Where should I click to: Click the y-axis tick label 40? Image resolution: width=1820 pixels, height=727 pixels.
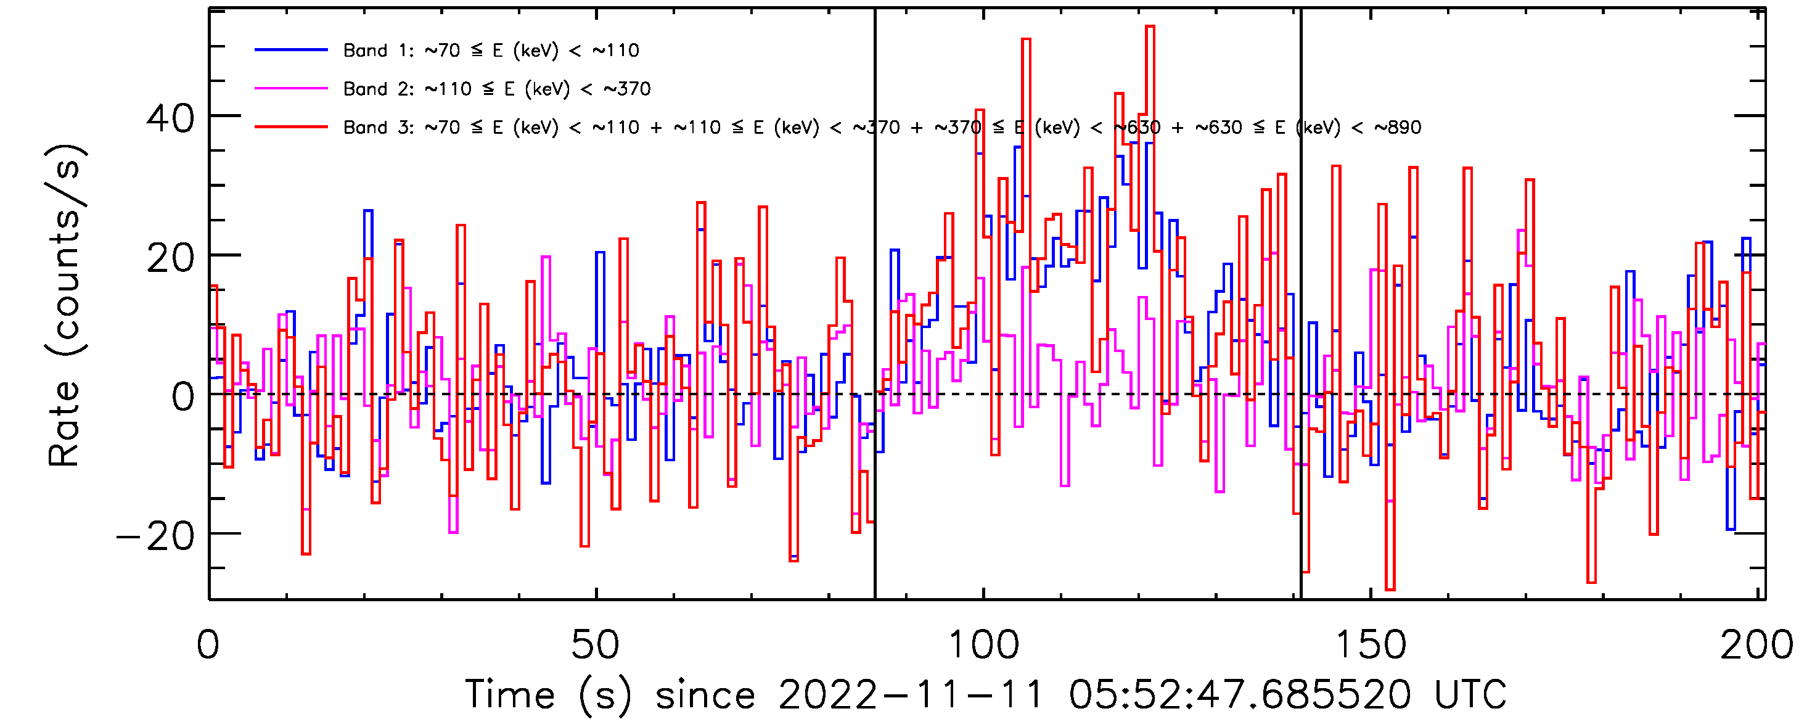point(170,118)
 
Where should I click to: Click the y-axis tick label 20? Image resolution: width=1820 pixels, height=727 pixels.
point(170,258)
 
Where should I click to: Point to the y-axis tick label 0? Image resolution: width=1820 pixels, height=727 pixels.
point(183,396)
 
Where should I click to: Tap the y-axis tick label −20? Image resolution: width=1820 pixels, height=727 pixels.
point(155,536)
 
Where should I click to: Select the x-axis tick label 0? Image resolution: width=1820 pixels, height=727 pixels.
point(208,644)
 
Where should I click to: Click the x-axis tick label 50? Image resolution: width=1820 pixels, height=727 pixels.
point(595,644)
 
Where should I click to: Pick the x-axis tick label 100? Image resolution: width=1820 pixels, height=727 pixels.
point(983,644)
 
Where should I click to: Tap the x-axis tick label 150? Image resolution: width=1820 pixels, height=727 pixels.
point(1371,644)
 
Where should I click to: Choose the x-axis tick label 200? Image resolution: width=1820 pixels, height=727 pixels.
point(1756,644)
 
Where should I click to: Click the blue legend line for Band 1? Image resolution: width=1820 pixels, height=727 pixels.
point(291,50)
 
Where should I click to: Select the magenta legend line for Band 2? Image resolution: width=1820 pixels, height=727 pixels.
point(291,88)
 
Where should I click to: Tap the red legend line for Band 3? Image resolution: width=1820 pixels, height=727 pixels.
point(291,127)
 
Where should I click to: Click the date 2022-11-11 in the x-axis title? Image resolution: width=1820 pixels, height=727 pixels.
point(911,694)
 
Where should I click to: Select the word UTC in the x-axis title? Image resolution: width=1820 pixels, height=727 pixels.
point(1470,694)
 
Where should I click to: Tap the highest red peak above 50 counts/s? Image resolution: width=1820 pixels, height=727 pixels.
point(1149,28)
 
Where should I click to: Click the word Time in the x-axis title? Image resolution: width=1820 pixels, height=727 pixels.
point(509,694)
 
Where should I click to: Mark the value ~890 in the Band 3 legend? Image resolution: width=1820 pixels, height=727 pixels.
point(1398,127)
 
